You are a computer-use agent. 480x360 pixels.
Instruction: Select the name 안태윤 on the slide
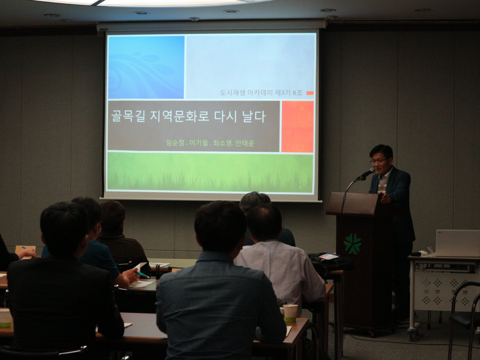pos(245,143)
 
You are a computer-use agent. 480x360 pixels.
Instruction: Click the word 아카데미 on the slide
pos(260,93)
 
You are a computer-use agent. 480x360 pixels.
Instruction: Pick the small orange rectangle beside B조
pos(310,93)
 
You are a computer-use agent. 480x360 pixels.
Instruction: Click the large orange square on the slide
pos(297,126)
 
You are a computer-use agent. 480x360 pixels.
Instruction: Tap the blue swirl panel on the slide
pos(146,67)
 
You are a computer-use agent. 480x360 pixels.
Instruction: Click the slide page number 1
pos(300,187)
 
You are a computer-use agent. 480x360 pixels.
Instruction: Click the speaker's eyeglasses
pos(378,161)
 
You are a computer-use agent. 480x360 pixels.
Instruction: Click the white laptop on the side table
pos(457,243)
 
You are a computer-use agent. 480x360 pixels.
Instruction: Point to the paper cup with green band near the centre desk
pos(290,313)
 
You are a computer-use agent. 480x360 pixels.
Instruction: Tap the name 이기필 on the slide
pos(198,143)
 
